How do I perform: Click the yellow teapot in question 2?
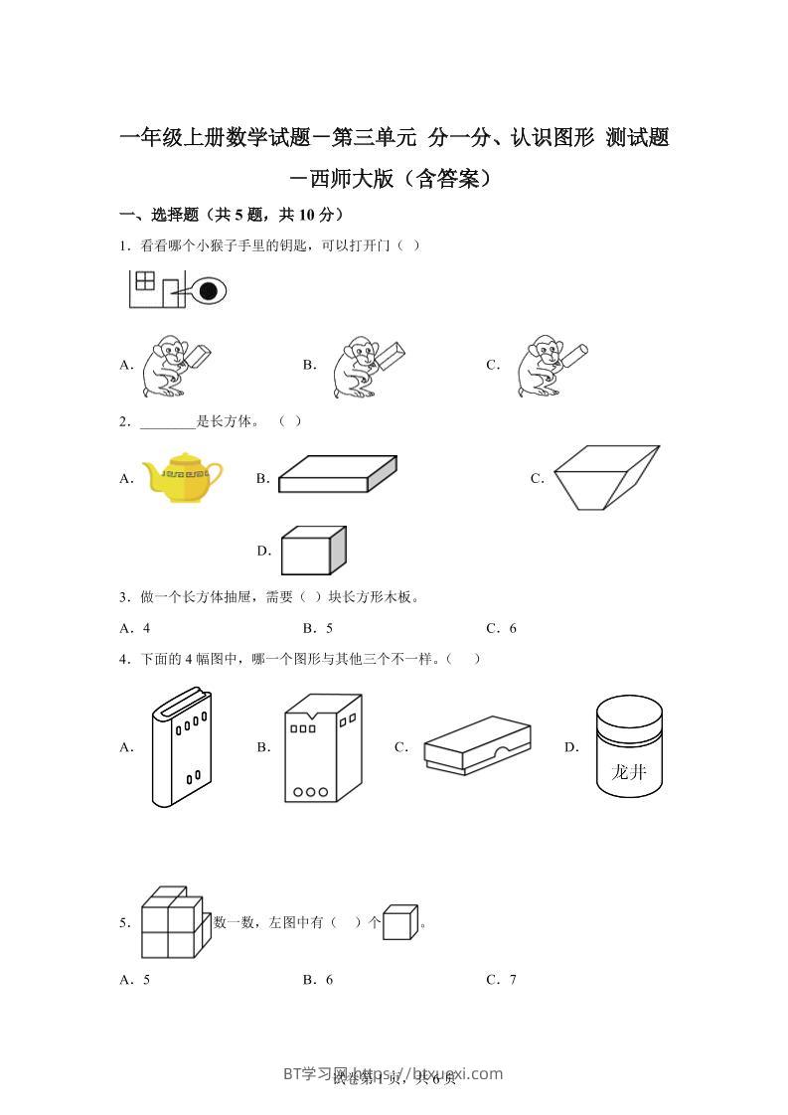(x=182, y=477)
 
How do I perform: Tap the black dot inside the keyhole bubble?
(x=208, y=291)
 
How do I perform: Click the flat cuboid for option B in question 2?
(x=337, y=474)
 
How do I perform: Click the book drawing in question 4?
(x=181, y=746)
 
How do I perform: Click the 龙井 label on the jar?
(x=628, y=771)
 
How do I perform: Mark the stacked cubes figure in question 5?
(x=171, y=922)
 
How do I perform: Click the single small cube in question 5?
(x=400, y=922)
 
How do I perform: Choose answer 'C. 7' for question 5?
(x=501, y=979)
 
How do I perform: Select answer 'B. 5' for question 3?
(x=317, y=628)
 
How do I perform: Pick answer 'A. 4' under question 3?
(x=134, y=628)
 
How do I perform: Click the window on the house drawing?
(x=145, y=280)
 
